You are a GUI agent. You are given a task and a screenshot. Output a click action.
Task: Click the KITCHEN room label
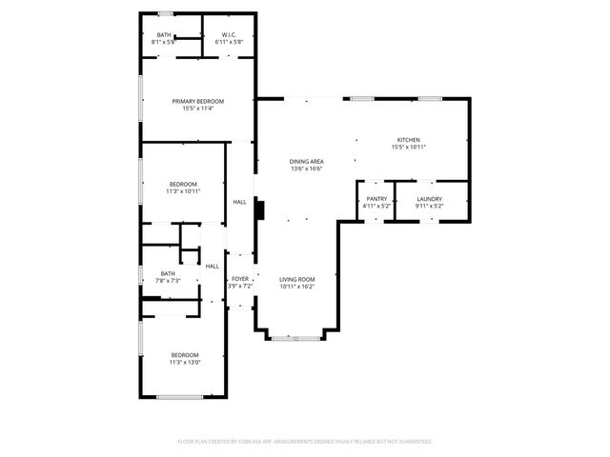click(x=408, y=140)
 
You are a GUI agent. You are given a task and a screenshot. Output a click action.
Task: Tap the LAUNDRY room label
click(x=430, y=198)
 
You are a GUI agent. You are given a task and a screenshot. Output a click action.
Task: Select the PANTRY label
click(x=376, y=198)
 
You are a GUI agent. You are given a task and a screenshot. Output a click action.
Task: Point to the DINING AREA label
click(x=307, y=162)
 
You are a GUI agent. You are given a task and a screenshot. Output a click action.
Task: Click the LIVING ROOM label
click(x=296, y=279)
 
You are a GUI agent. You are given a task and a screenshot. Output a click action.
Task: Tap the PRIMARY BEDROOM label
click(x=197, y=101)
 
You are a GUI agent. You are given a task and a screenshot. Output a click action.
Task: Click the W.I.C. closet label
click(x=229, y=35)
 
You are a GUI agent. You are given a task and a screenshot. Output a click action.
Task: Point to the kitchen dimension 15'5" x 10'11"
click(x=408, y=148)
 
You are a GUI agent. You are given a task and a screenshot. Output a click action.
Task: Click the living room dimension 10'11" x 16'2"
click(x=296, y=286)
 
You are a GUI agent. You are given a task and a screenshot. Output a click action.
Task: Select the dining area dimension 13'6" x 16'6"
click(x=307, y=169)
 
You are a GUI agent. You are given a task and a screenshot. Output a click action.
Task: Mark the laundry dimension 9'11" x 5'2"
click(x=430, y=206)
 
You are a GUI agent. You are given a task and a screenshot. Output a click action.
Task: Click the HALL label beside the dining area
click(x=239, y=202)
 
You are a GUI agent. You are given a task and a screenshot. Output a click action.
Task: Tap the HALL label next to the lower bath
click(x=212, y=267)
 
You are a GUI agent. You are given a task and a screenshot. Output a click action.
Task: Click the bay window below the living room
click(x=295, y=338)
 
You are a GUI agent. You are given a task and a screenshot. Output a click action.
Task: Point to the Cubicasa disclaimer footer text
click(x=305, y=442)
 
